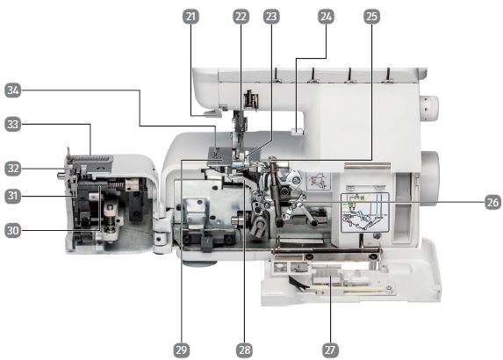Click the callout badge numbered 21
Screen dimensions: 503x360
coord(190,17)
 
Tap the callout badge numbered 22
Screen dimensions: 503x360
coord(241,17)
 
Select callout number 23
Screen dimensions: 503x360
coord(271,17)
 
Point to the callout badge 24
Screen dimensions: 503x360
coord(326,17)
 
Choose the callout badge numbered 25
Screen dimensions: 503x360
coord(372,17)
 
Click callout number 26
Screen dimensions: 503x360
coord(492,202)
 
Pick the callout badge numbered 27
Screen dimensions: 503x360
coord(330,350)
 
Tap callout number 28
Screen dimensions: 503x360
coord(244,350)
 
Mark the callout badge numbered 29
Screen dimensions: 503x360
coord(182,350)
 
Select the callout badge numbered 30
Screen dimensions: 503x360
coord(13,230)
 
